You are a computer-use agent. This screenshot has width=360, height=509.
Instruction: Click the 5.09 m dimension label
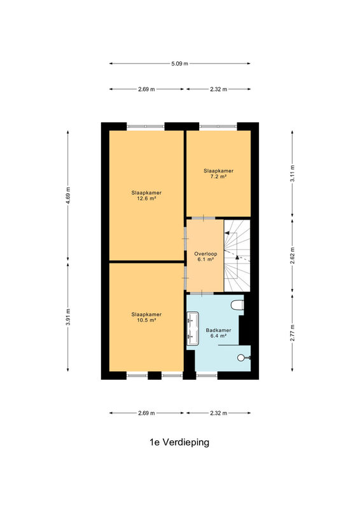pos(179,64)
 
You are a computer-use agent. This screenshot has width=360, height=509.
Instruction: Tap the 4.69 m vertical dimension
pos(68,195)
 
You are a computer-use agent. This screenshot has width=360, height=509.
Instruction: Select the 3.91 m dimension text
pos(68,317)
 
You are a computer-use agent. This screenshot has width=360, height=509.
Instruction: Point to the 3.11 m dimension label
pos(293,174)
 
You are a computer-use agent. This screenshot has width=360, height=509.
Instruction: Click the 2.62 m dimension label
pos(293,256)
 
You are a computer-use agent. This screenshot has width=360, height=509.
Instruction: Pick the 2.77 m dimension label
pos(293,333)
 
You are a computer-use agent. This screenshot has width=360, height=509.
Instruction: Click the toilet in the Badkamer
pos(237,305)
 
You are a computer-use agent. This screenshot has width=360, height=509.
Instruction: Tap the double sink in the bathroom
pos(193,328)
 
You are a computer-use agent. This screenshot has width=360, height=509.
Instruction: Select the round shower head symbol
pos(241,358)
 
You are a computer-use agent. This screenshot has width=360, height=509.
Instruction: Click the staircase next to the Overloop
pos(237,256)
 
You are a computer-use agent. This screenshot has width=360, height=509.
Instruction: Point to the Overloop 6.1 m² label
pos(205,256)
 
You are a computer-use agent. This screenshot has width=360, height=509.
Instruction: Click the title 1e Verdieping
pos(179,442)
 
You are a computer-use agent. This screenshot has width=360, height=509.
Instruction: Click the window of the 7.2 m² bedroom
pos(218,126)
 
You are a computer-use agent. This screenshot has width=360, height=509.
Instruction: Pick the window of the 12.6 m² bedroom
pos(146,126)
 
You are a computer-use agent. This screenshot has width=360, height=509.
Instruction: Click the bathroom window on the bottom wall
pos(207,375)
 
